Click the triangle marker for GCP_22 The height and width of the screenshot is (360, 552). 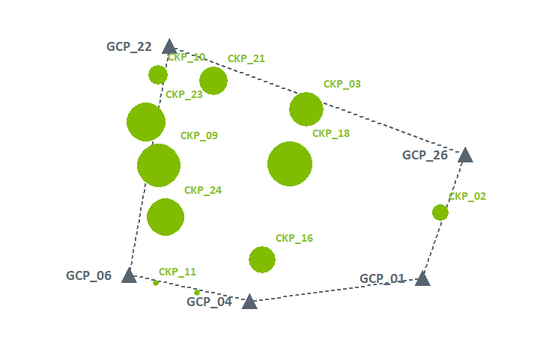tap(169, 47)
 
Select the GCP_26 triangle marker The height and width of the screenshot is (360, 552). tap(465, 156)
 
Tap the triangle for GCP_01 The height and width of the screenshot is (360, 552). tap(422, 279)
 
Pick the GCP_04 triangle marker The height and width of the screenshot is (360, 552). tap(249, 302)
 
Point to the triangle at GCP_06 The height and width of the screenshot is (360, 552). tap(129, 276)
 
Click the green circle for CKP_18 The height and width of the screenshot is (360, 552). tap(290, 164)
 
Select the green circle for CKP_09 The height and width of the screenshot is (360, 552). tap(159, 165)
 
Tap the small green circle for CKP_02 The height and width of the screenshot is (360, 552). tap(440, 213)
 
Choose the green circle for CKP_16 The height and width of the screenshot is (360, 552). tap(262, 260)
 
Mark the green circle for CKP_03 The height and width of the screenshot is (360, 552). tap(306, 109)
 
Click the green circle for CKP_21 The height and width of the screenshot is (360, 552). tap(213, 81)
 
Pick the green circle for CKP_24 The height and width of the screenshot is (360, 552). tap(166, 217)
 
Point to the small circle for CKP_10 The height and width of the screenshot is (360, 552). tap(158, 75)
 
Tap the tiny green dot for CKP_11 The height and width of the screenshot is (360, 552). tap(156, 283)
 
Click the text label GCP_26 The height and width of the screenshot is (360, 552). tap(425, 156)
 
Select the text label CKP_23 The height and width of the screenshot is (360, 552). tap(184, 95)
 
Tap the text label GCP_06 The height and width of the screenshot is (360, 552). tap(88, 275)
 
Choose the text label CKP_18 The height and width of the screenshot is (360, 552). tap(331, 134)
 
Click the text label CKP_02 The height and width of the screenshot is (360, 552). tap(467, 197)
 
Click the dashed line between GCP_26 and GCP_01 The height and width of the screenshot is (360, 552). tap(444, 216)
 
